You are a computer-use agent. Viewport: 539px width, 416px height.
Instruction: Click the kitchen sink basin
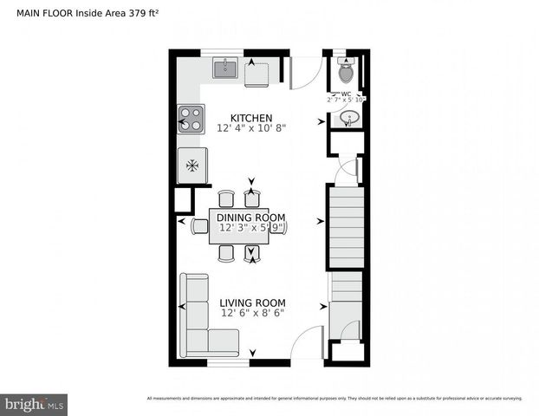[224, 68]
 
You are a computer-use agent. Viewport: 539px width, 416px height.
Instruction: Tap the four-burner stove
[191, 118]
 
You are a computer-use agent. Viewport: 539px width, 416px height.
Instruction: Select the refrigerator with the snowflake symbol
[192, 165]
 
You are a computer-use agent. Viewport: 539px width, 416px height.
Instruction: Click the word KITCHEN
[251, 118]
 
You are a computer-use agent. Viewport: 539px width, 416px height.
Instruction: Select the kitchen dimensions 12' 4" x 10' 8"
[251, 128]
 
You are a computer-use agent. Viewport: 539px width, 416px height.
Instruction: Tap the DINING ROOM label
[251, 218]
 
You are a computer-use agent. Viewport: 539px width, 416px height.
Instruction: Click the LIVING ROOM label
[252, 302]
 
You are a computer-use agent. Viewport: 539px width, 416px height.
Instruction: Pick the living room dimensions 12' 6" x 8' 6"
[252, 313]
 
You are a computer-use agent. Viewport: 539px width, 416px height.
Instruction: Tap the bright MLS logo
[35, 404]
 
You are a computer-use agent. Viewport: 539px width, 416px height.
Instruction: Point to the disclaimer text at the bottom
[334, 398]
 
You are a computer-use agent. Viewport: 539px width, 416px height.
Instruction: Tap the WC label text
[346, 94]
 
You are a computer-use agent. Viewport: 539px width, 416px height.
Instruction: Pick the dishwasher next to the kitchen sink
[257, 76]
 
